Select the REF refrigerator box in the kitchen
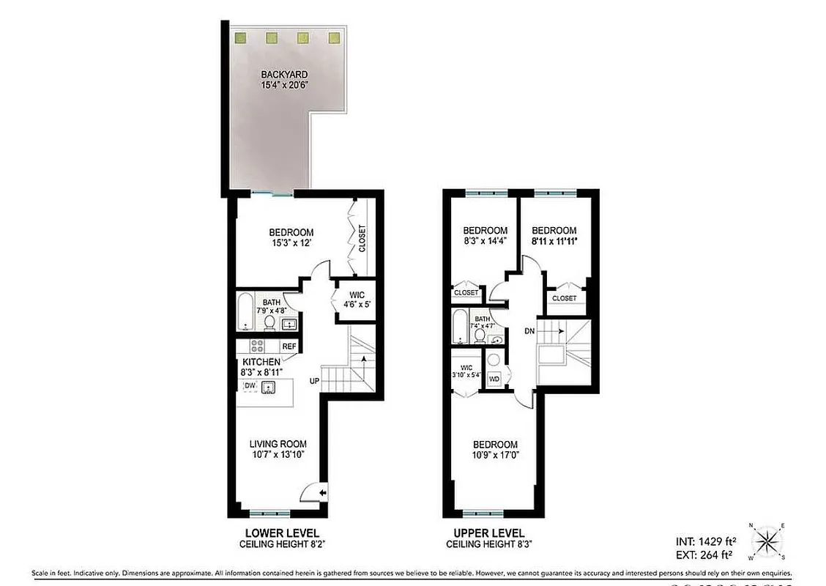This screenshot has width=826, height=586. [x=289, y=346]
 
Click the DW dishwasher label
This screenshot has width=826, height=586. [x=250, y=385]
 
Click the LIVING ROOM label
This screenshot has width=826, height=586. [x=278, y=444]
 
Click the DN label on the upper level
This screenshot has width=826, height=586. [x=529, y=331]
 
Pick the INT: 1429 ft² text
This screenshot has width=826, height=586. [x=706, y=541]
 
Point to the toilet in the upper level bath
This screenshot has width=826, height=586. [x=479, y=335]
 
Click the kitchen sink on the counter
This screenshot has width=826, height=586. [x=269, y=388]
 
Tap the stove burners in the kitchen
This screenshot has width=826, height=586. [x=257, y=346]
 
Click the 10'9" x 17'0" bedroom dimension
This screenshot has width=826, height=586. [x=494, y=456]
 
